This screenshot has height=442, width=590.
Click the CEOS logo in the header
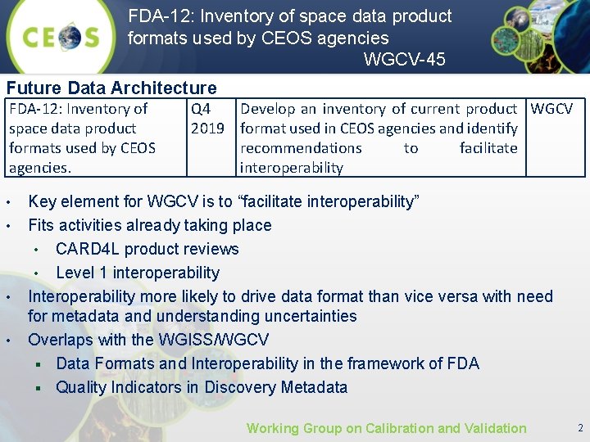pos(61,38)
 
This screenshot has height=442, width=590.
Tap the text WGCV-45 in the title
pos(404,59)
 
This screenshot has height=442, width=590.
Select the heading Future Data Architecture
pos(111,88)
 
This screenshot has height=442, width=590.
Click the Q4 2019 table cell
pos(207,119)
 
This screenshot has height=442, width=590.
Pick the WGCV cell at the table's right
pos(551,109)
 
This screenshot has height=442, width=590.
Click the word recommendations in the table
pos(301,148)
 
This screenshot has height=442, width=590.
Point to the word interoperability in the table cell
pos(291,168)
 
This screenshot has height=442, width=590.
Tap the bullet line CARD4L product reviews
pos(147,249)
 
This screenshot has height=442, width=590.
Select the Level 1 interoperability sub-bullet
pos(138,273)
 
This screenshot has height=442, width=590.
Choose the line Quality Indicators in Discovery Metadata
pos(202,387)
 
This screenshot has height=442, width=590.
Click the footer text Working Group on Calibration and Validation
pos(386,428)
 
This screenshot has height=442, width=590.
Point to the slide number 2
pos(580,428)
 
